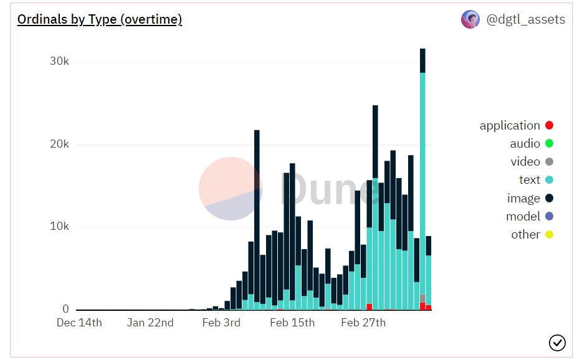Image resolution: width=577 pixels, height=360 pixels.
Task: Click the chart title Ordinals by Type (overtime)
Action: (x=100, y=20)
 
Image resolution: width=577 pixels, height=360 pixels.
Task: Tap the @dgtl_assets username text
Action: (x=525, y=19)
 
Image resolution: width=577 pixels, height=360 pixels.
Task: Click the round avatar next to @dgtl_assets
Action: (x=470, y=19)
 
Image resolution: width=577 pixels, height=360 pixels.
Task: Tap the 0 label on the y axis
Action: (x=65, y=309)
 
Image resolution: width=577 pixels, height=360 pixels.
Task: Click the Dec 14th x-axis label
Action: (x=79, y=323)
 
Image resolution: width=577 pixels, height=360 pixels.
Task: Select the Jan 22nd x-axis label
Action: (x=150, y=323)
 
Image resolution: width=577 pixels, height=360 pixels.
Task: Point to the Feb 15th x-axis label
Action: (x=292, y=323)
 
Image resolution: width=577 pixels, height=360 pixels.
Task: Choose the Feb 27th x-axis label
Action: (x=363, y=323)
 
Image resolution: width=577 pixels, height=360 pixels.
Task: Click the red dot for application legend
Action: (x=549, y=126)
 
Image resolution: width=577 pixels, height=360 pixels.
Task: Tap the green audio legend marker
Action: (x=549, y=144)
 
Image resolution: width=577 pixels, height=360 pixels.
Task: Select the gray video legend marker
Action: (x=549, y=162)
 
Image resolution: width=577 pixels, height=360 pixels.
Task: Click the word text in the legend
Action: (x=529, y=180)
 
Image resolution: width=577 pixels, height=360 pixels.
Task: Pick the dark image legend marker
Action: (x=549, y=199)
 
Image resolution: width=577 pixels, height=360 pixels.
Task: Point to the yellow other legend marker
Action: (x=549, y=235)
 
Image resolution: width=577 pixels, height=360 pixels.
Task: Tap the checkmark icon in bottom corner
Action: (x=557, y=343)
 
